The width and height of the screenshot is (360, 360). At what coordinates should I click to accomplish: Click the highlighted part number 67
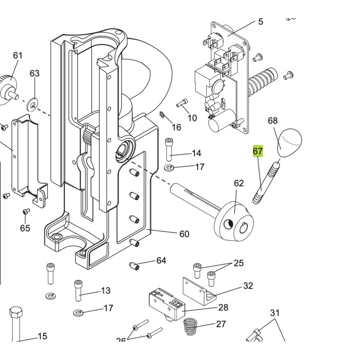click(x=257, y=151)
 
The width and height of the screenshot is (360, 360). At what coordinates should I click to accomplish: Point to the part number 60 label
click(x=184, y=234)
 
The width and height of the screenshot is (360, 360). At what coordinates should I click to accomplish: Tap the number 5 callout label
click(x=261, y=22)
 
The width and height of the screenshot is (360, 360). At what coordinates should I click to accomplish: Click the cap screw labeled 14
click(x=169, y=149)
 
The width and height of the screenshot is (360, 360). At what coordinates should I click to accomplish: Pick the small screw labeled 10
click(x=183, y=103)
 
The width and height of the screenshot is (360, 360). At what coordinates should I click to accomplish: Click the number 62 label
click(x=238, y=183)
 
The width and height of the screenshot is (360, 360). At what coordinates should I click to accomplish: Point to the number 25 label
click(x=238, y=263)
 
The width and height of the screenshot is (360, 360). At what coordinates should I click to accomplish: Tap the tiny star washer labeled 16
click(x=162, y=117)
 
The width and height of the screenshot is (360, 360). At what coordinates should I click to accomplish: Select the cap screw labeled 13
click(x=78, y=291)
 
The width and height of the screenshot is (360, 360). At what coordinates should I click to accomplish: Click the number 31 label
click(x=275, y=313)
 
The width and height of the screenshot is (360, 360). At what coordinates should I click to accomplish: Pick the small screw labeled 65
click(x=26, y=211)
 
